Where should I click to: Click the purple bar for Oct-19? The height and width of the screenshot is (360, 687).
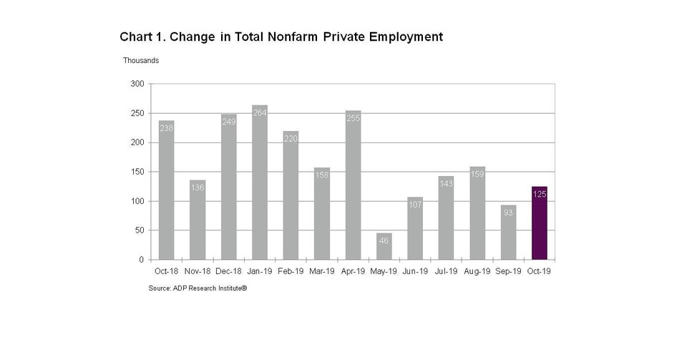[x=540, y=223]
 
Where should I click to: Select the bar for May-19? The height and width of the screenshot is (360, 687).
[x=384, y=246]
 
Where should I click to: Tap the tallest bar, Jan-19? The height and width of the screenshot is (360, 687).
[x=260, y=183]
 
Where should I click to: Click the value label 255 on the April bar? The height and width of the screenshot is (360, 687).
[x=353, y=117]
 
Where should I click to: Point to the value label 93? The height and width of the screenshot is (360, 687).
[x=508, y=211]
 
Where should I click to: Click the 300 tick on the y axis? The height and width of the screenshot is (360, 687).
[x=137, y=84]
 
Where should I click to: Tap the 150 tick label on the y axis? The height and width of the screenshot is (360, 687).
[x=137, y=172]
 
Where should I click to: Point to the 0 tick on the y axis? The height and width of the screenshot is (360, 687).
[x=142, y=260]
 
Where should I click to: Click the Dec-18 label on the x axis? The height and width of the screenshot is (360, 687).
[x=228, y=271]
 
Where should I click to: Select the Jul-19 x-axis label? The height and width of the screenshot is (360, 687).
[x=446, y=271]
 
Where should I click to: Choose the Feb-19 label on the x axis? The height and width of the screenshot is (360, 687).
[x=291, y=271]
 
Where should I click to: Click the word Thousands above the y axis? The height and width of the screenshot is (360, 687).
[x=141, y=61]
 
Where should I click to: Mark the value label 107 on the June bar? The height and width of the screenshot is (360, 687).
[x=415, y=204]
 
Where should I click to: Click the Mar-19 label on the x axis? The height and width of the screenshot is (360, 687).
[x=321, y=271]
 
